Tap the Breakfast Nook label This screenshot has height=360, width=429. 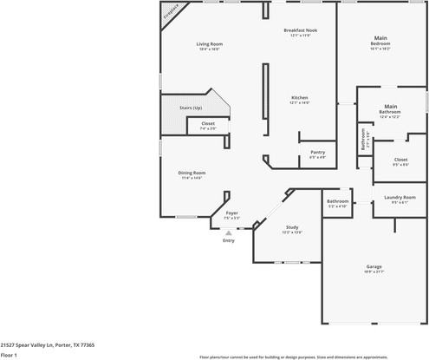pyautogui.click(x=301, y=31)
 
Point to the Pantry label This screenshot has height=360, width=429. pyautogui.click(x=318, y=154)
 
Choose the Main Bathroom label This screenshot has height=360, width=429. pyautogui.click(x=389, y=110)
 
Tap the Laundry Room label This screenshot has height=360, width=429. pyautogui.click(x=400, y=199)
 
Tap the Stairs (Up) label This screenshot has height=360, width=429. pyautogui.click(x=191, y=108)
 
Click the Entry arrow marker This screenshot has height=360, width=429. pyautogui.click(x=229, y=232)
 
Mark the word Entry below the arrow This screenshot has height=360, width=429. pyautogui.click(x=229, y=241)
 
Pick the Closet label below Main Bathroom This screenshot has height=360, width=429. pyautogui.click(x=400, y=160)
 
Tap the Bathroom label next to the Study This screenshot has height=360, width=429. pyautogui.click(x=337, y=202)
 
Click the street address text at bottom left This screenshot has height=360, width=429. pyautogui.click(x=48, y=344)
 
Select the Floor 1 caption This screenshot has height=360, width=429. pyautogui.click(x=10, y=355)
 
